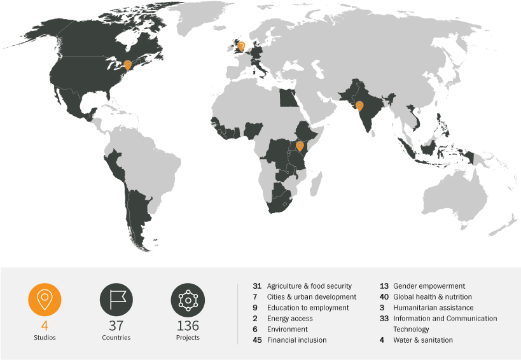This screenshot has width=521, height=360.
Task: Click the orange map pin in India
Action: pos(359,106)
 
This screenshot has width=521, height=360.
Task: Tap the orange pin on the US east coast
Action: pos(128,65)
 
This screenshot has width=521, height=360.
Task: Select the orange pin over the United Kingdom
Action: pos(241,45)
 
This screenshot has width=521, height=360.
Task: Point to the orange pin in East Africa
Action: pos(300,146)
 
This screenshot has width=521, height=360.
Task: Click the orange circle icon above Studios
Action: pos(45,300)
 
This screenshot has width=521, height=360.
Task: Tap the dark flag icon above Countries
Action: pos(116,300)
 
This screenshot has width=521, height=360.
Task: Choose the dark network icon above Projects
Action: pos(188,300)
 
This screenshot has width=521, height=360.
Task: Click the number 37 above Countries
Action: pos(116,326)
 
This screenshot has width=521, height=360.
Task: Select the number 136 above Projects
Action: pos(188,326)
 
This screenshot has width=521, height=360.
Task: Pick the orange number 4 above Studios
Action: pos(45,326)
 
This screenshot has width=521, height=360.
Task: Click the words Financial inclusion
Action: pos(296,340)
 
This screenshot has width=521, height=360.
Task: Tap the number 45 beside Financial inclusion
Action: pos(257,340)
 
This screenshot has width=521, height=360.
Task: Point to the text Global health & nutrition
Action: pos(433,297)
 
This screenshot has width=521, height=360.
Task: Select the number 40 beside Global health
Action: pos(384,297)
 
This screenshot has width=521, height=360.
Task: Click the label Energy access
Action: pos(290,319)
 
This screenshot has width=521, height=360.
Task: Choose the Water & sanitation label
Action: pos(423,340)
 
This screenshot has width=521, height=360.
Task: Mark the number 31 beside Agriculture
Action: pos(257,286)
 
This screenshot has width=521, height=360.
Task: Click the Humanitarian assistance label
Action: pos(433,308)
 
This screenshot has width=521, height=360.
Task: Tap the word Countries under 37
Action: pos(116,338)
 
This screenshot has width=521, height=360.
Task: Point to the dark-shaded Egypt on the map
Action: pos(288,98)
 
